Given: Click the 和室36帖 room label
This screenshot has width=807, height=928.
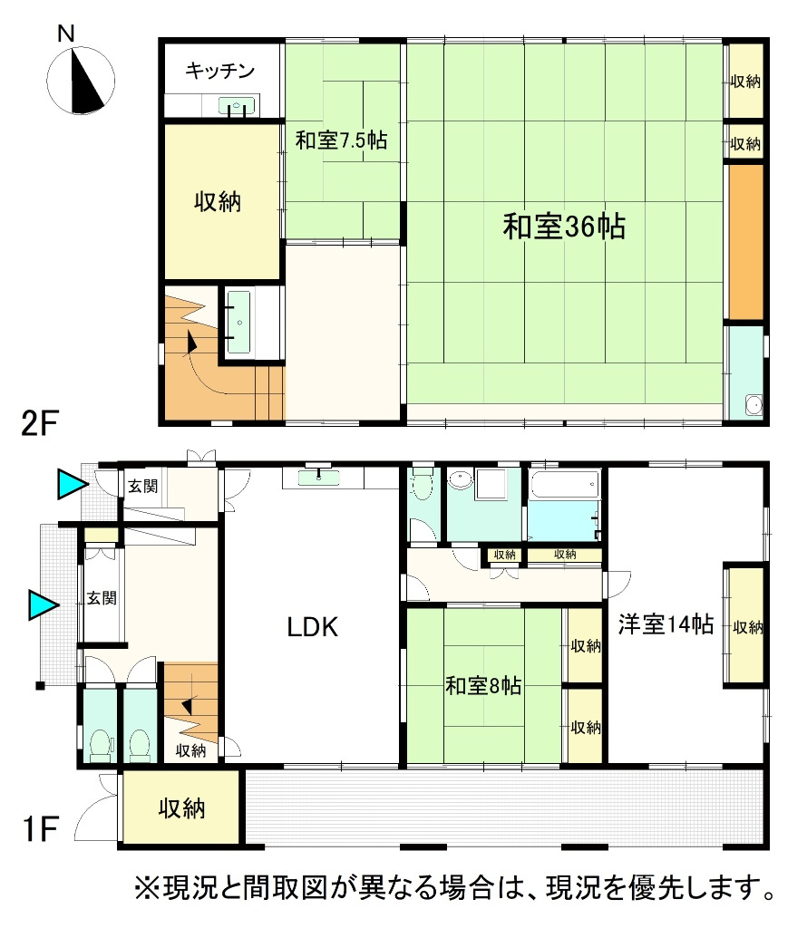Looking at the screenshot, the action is pyautogui.click(x=564, y=227).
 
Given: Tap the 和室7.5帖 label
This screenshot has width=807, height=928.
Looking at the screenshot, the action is pyautogui.click(x=341, y=140).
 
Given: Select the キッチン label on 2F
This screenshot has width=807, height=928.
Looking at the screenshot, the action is pyautogui.click(x=219, y=71).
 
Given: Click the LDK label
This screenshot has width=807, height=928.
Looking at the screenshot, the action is pyautogui.click(x=313, y=627).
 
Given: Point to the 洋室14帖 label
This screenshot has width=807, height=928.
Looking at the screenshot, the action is pyautogui.click(x=666, y=624).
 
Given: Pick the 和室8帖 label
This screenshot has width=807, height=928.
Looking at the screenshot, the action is pyautogui.click(x=483, y=685).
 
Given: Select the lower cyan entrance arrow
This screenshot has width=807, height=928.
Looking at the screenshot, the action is pyautogui.click(x=44, y=604).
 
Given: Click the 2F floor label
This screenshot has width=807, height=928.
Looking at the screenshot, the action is pyautogui.click(x=39, y=423).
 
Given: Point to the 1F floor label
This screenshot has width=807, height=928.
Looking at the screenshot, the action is pyautogui.click(x=39, y=828).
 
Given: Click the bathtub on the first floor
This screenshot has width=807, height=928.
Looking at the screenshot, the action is pyautogui.click(x=565, y=485).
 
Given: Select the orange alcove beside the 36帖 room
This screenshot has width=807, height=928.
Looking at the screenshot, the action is pyautogui.click(x=745, y=242).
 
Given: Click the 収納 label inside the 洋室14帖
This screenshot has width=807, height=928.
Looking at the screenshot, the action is pyautogui.click(x=747, y=627).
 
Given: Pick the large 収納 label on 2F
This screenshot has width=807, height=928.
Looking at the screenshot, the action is pyautogui.click(x=218, y=202).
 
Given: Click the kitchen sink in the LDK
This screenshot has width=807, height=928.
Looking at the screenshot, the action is pyautogui.click(x=318, y=477).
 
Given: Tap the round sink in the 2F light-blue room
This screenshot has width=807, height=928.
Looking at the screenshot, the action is pyautogui.click(x=754, y=405).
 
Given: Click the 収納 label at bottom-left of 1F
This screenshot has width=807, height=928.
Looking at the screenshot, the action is pyautogui.click(x=181, y=807).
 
